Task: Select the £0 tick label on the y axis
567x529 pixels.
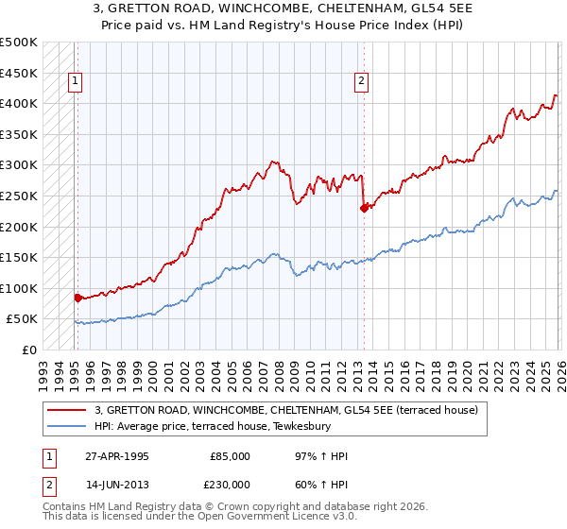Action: (29, 350)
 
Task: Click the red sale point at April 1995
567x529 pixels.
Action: (77, 298)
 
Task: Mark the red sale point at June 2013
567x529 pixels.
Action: (363, 209)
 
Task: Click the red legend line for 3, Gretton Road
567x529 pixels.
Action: (67, 410)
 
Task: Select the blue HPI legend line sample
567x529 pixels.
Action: (67, 426)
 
